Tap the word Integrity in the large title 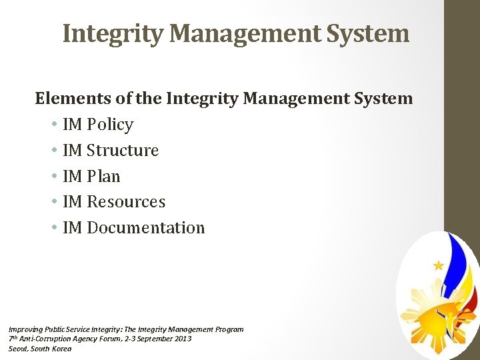point(112,33)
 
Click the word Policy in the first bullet point(110,125)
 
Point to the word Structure point(123,151)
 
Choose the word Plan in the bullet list point(103,177)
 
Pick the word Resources point(126,202)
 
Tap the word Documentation point(146,228)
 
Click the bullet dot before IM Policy point(53,125)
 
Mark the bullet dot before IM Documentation point(53,229)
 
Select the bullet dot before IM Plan point(53,177)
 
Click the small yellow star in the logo point(438,265)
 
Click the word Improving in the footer point(24,329)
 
